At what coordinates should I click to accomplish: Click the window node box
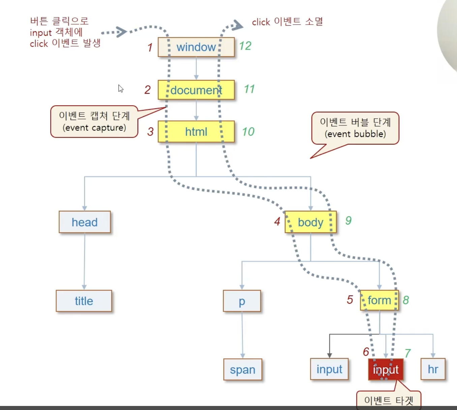[x=196, y=47]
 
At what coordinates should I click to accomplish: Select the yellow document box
[x=196, y=90]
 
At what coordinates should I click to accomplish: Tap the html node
[x=196, y=131]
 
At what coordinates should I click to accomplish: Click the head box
[x=85, y=222]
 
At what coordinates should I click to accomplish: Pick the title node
[x=84, y=301]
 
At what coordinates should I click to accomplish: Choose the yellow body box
[x=310, y=222]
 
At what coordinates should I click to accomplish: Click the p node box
[x=242, y=301]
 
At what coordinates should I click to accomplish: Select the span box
[x=243, y=370]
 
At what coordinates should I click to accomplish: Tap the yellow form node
[x=379, y=300]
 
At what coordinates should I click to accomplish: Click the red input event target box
[x=386, y=370]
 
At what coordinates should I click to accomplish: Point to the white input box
[x=329, y=369]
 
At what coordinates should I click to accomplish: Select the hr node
[x=433, y=369]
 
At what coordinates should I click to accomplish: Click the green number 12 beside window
[x=245, y=46]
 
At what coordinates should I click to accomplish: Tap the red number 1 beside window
[x=150, y=48]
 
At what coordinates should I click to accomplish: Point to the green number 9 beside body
[x=348, y=221]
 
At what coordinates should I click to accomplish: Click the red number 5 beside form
[x=350, y=299]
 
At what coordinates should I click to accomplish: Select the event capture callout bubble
[x=94, y=122]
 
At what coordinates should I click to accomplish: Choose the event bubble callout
[x=355, y=128]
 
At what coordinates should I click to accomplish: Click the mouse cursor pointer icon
[x=121, y=89]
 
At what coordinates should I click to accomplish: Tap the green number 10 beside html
[x=248, y=131]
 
